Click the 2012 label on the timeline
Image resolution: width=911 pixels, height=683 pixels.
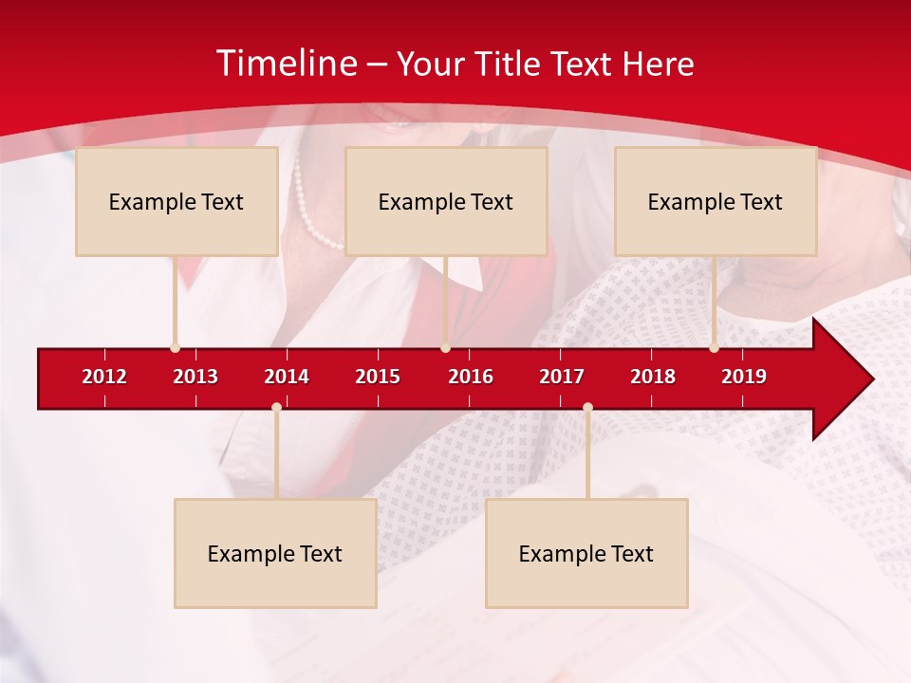point(104,377)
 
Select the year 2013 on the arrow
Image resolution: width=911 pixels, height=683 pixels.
point(195,377)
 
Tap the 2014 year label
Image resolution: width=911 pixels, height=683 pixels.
point(287,377)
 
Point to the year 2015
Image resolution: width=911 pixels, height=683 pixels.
point(378,377)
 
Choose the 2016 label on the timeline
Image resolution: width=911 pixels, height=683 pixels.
point(471,377)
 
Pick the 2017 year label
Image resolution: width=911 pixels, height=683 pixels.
point(562,377)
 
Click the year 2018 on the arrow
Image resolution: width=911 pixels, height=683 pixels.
point(653,377)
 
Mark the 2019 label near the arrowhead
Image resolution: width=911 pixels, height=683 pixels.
point(744,377)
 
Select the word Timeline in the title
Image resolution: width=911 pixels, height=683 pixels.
point(287,64)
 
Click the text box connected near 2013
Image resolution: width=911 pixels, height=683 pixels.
point(177,201)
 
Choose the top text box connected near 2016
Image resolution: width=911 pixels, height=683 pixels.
point(446,201)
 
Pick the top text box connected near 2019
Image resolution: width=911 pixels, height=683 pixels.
point(716,201)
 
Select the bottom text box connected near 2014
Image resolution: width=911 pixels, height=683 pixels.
point(275,553)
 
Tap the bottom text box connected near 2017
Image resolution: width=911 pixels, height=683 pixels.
point(586,553)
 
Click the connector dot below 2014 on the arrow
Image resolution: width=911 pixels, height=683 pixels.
point(276,408)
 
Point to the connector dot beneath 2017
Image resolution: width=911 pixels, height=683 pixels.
point(587,408)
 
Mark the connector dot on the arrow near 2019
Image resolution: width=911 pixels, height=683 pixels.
point(714,348)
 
